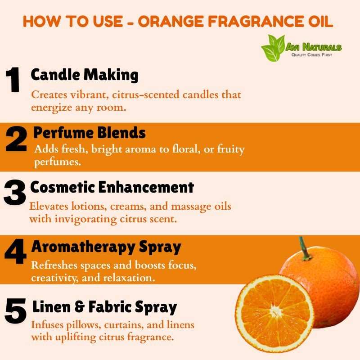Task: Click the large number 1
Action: [13, 80]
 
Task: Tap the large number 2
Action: [16, 139]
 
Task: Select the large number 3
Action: [15, 192]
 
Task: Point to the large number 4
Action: [16, 252]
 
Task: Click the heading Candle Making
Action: [85, 75]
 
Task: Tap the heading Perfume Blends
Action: [90, 133]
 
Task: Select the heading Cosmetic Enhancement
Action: [112, 187]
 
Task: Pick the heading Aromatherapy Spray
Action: [106, 247]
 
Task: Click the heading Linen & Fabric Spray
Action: [105, 307]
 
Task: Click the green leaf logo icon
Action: [273, 48]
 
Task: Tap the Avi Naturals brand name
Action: [313, 47]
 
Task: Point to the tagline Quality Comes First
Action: [311, 54]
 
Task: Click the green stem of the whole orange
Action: [304, 248]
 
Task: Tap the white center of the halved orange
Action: [275, 311]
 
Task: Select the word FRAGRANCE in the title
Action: [256, 22]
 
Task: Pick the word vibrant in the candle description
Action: [89, 94]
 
